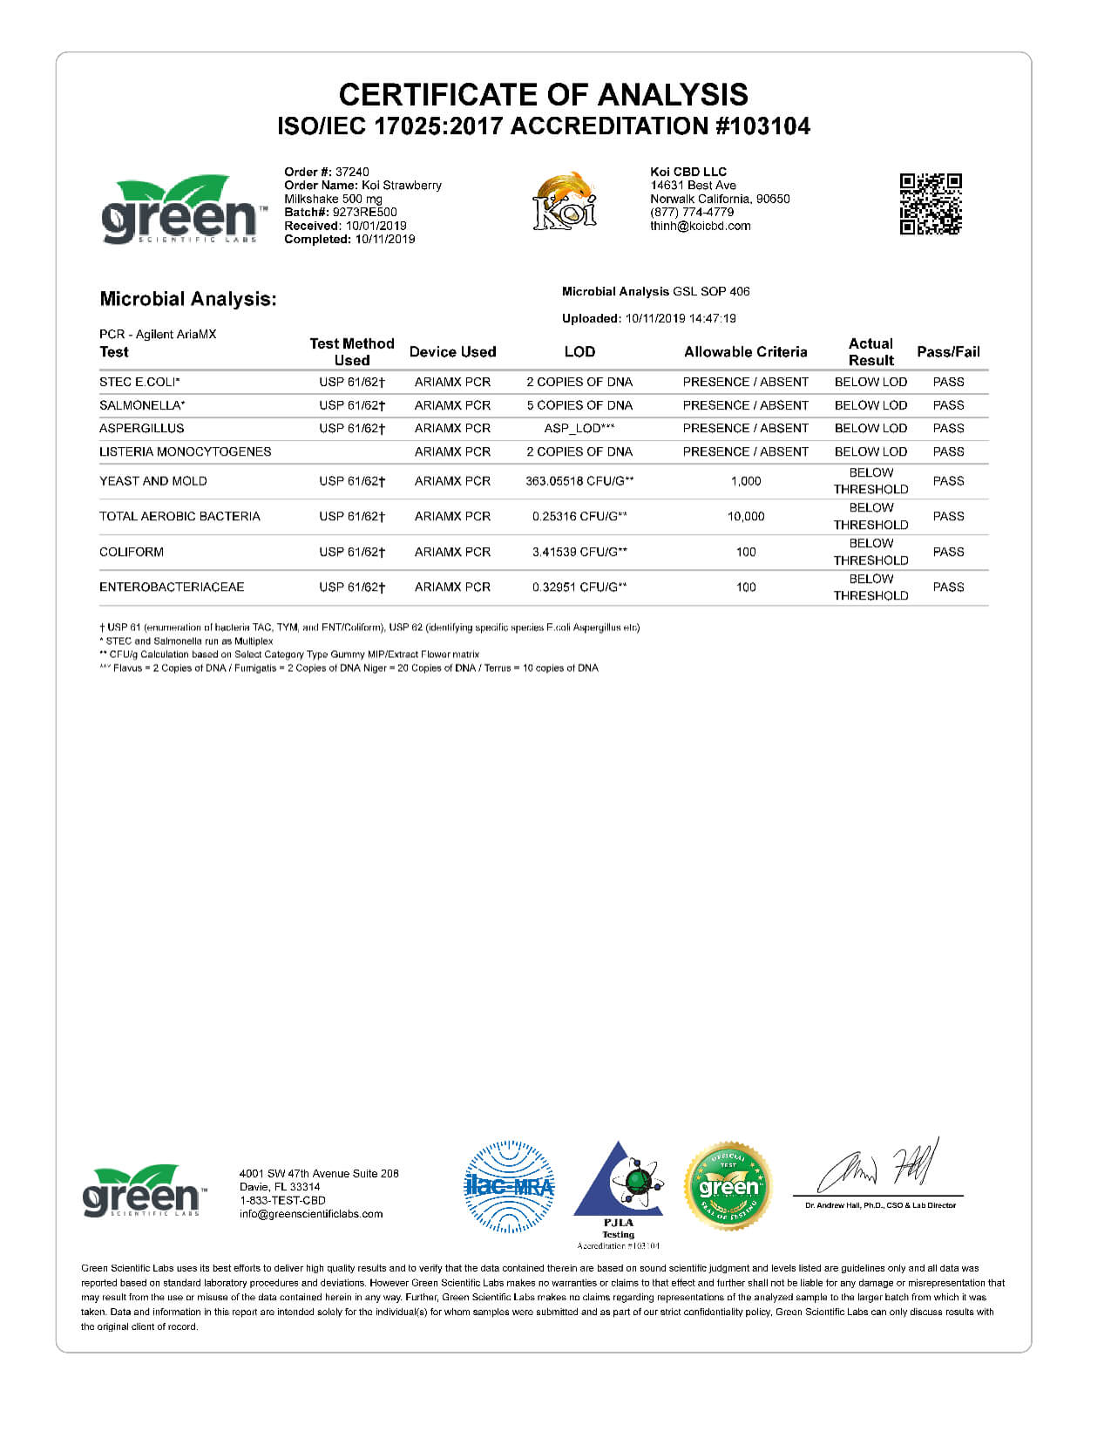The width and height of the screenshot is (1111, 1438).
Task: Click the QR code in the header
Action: [x=931, y=204]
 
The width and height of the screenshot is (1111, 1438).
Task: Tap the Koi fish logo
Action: [x=565, y=201]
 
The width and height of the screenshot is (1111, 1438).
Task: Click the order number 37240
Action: [x=352, y=172]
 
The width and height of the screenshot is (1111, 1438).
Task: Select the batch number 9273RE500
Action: [x=364, y=212]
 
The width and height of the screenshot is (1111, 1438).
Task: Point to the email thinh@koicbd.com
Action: [x=700, y=226]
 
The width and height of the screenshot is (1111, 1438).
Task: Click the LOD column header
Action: [x=579, y=352]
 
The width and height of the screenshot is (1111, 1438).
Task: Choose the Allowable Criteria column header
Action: [x=745, y=352]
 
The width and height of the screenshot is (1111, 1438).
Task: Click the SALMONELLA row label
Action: [x=142, y=405]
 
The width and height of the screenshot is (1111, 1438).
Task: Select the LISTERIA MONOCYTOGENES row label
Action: [x=185, y=451]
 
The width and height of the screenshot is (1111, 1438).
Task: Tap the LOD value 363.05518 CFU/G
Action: [x=579, y=481]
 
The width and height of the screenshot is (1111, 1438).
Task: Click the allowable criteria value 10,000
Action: [x=746, y=516]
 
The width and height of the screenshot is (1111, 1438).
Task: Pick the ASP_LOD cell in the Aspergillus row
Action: [x=579, y=428]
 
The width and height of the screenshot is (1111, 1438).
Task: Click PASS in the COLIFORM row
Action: [x=948, y=552]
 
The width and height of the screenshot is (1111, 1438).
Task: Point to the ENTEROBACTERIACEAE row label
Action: [x=172, y=587]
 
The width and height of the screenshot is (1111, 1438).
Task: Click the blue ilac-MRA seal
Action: [x=509, y=1186]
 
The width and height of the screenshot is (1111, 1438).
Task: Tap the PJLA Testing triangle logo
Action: [x=619, y=1185]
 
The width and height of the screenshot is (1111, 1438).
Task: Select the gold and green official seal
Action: [x=728, y=1186]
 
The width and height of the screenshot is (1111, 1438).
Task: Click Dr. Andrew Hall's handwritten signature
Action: [x=878, y=1168]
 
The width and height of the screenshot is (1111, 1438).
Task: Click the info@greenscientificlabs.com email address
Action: [x=311, y=1214]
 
